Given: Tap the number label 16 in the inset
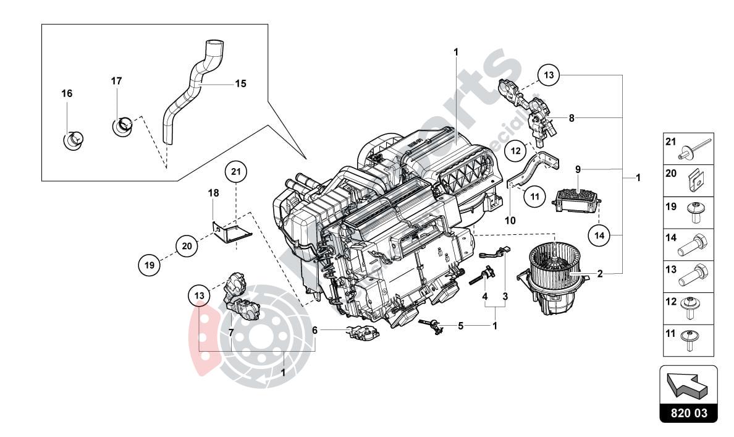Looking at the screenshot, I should click(67, 93).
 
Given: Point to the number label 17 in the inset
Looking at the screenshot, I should click(117, 81).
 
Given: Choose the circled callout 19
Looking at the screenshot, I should click(148, 265).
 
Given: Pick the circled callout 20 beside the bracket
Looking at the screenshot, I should click(186, 245).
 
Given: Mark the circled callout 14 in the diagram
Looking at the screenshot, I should click(598, 234).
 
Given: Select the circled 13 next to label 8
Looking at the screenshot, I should click(549, 75).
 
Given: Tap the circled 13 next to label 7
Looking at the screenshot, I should click(198, 296).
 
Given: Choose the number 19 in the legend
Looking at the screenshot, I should click(670, 208).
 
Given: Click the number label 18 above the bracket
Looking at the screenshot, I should click(213, 193).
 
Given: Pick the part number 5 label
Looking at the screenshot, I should click(460, 325).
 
